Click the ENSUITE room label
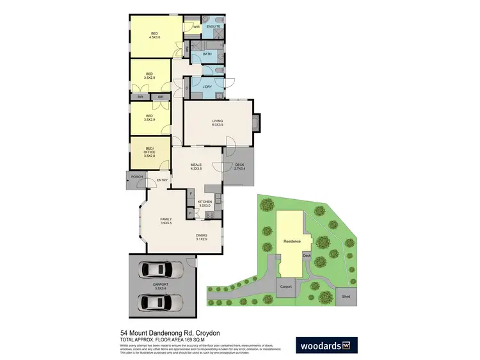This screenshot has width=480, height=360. tap(213, 26)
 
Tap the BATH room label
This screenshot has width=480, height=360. tap(207, 54)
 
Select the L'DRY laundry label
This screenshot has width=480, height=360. tap(207, 86)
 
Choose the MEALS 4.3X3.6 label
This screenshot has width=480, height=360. tap(196, 166)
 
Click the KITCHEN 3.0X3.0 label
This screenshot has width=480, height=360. tap(205, 204)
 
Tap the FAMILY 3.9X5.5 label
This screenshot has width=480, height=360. tap(166, 222)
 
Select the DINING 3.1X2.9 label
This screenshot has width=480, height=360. tap(202, 237)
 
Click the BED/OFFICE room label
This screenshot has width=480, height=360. tap(149, 152)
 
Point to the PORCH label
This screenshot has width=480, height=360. tap(137, 177)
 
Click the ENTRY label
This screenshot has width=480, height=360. tap(162, 180)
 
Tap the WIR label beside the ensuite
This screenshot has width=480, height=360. tap(196, 26)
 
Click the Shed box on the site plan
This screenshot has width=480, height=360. tap(346, 297)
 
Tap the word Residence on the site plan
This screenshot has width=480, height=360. tap(291, 241)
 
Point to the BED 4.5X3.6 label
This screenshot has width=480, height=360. tap(154, 35)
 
